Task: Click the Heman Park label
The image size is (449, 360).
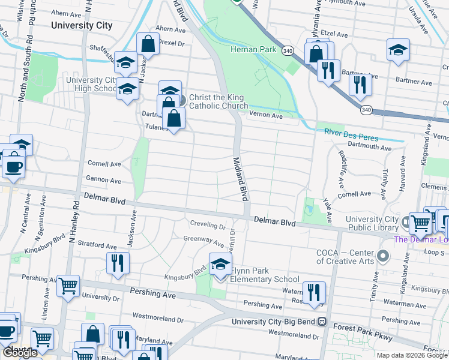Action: pyautogui.click(x=254, y=50)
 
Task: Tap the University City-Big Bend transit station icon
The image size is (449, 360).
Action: pyautogui.click(x=322, y=322)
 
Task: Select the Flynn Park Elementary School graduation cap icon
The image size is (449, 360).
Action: pyautogui.click(x=220, y=264)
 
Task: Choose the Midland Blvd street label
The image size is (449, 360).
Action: pyautogui.click(x=240, y=178)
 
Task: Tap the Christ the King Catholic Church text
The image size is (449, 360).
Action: pyautogui.click(x=218, y=102)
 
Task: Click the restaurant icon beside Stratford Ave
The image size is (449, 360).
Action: pyautogui.click(x=117, y=263)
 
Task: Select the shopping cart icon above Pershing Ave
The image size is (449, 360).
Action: pyautogui.click(x=68, y=286)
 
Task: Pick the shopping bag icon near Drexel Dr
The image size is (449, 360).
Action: pyautogui.click(x=147, y=44)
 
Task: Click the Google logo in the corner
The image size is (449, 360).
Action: pyautogui.click(x=20, y=353)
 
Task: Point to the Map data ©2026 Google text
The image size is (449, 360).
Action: pyautogui.click(x=412, y=355)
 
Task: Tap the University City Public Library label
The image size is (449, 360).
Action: pyautogui.click(x=372, y=223)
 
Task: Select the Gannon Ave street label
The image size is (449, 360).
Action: pyautogui.click(x=104, y=179)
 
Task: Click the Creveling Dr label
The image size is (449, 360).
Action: pyautogui.click(x=208, y=227)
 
